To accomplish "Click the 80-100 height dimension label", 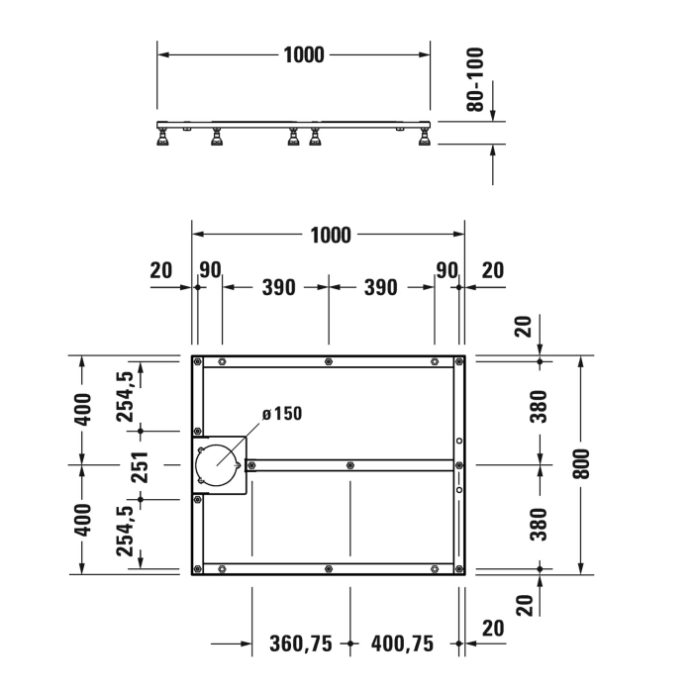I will [477, 79].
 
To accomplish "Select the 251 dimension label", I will [138, 465].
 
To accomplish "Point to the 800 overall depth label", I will [584, 463].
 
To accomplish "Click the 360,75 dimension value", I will [301, 643].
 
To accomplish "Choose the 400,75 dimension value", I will [402, 643].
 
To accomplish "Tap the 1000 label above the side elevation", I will [303, 54].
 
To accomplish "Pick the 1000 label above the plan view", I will [330, 235].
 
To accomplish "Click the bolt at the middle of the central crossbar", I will [350, 464].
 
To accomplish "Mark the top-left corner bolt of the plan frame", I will [198, 359].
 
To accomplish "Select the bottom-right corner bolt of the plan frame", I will [458, 568].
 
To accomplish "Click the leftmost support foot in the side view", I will [164, 139].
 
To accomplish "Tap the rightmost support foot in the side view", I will [424, 139].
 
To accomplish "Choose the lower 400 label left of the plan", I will [83, 518].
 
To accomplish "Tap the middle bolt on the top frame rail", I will [328, 359].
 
